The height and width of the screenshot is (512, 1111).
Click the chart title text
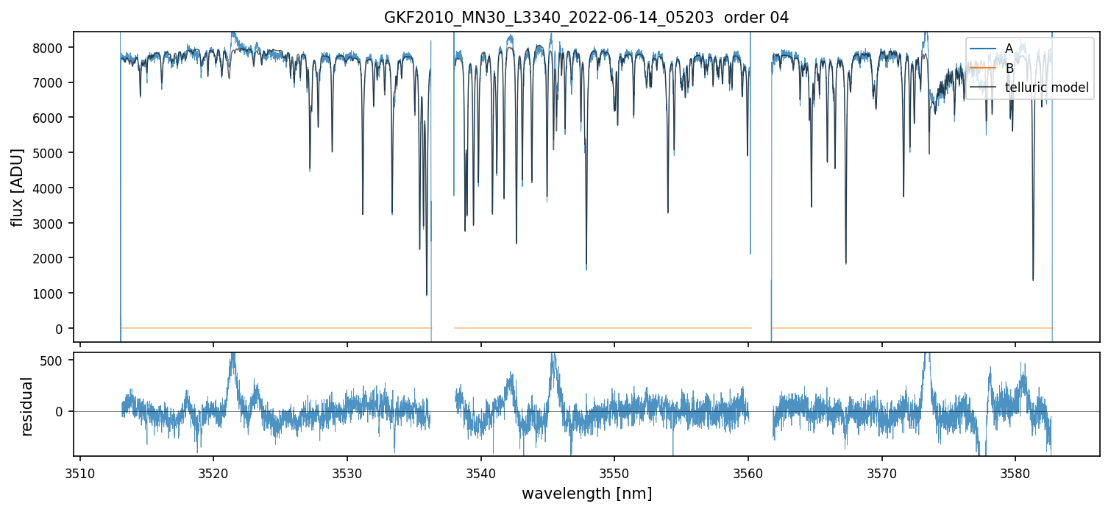point(586,18)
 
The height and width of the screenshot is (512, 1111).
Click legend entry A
point(1009,49)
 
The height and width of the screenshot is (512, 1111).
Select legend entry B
point(1009,68)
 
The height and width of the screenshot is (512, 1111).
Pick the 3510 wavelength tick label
point(80,472)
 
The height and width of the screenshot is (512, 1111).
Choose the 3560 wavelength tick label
point(748,472)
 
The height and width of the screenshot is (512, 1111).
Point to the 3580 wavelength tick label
point(1015,472)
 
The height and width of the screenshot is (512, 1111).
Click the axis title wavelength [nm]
point(586,493)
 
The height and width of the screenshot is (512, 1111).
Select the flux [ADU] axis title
point(17,187)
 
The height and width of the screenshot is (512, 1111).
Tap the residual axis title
point(27,406)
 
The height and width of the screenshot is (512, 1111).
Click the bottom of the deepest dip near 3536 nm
point(427,294)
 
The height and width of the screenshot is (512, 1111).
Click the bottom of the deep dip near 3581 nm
point(1033,280)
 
